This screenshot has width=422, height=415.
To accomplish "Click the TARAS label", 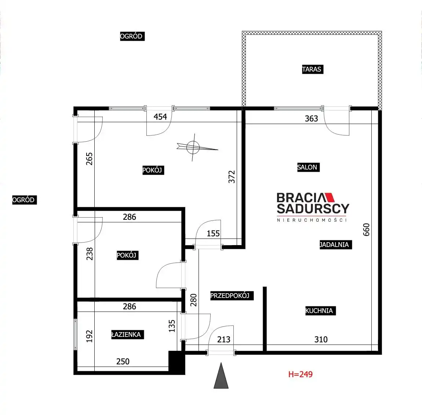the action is (x=312, y=69).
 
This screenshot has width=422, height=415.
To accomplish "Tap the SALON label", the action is (x=308, y=167).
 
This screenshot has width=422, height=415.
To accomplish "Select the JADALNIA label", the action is (x=336, y=245).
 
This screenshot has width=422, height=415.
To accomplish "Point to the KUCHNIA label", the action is (x=320, y=310).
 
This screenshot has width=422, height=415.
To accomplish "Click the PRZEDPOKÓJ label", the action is (x=232, y=295).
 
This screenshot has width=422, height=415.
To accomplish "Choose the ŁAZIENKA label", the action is (x=128, y=335).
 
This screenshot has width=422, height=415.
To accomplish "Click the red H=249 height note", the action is (x=300, y=374).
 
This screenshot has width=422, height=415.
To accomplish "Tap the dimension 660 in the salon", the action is (x=366, y=230).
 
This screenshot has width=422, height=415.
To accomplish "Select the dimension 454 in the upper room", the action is (x=160, y=117).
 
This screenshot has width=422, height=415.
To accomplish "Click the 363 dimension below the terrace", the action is (x=312, y=119).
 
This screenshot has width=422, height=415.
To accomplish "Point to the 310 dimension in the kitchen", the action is (x=321, y=339).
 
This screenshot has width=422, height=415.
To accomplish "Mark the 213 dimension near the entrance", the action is (x=223, y=339).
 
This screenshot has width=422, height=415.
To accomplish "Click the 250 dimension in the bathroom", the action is (x=123, y=361).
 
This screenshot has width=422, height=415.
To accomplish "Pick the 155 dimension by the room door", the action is (x=213, y=233).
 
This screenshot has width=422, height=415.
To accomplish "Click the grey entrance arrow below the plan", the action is (x=221, y=376).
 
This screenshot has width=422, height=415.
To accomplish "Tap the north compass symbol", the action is (x=195, y=147).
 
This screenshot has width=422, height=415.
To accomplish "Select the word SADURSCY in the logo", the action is (x=313, y=208).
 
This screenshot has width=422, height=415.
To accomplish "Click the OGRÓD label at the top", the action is (x=132, y=36).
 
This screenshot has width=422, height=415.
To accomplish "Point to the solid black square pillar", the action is (x=177, y=363).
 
